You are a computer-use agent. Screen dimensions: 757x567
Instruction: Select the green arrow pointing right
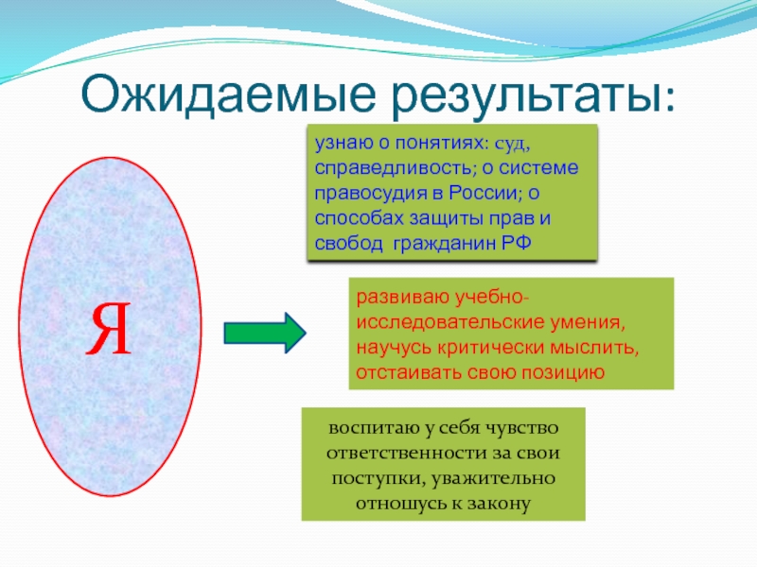(264, 333)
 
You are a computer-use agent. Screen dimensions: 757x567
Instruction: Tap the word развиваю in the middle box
(396, 299)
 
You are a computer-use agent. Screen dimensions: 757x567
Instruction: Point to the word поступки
(370, 476)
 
